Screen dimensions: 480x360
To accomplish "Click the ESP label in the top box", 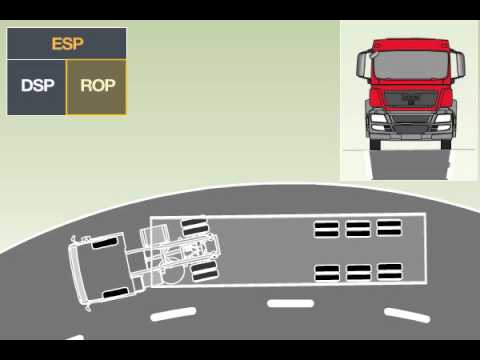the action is (66, 44).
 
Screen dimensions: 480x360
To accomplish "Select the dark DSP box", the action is (37, 87).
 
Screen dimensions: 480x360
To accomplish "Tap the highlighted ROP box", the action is (96, 87).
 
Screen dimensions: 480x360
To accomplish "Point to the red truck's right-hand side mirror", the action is (460, 68).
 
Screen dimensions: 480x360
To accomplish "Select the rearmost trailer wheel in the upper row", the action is (389, 228).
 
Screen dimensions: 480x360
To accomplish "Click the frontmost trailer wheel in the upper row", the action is (327, 228).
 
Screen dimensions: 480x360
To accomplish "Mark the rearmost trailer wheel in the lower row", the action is (390, 270).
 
